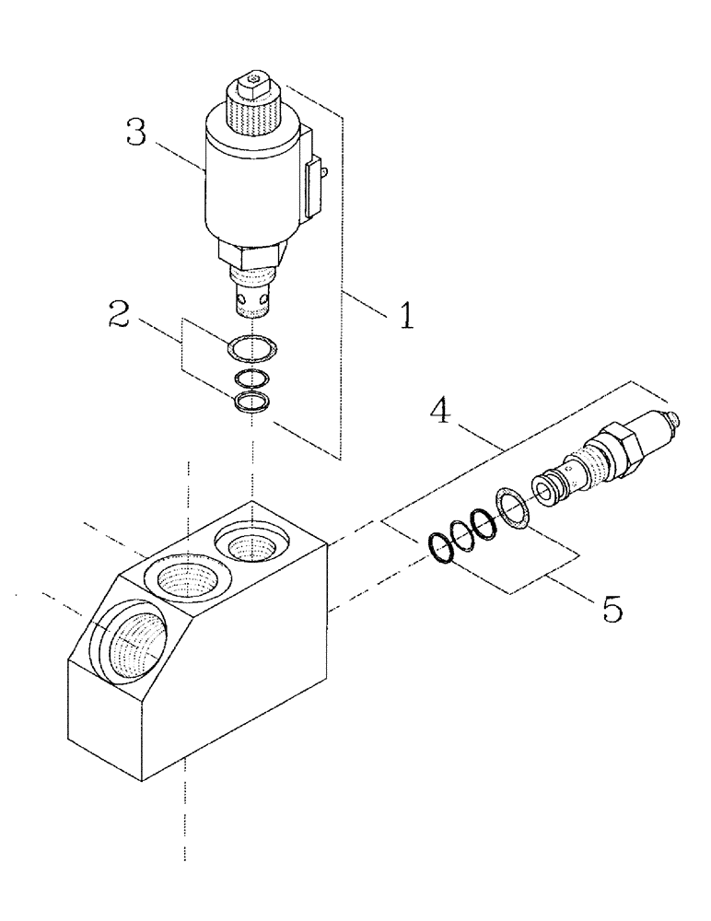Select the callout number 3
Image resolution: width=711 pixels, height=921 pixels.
pyautogui.click(x=135, y=134)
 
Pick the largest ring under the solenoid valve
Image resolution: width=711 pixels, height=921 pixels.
pyautogui.click(x=251, y=349)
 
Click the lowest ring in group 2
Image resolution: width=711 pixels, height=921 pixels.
pyautogui.click(x=251, y=402)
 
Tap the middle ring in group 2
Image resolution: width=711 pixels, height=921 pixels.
pyautogui.click(x=251, y=378)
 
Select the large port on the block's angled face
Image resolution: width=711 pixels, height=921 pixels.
pyautogui.click(x=131, y=646)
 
